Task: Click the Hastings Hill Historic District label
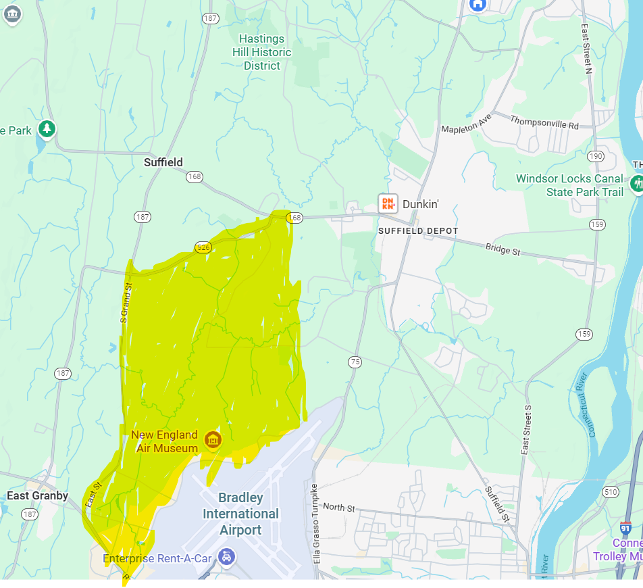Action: click(x=262, y=52)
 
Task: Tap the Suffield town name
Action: click(x=163, y=162)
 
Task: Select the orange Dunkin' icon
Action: click(x=388, y=203)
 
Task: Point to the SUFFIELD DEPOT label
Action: click(x=418, y=231)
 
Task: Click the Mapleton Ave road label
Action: click(x=467, y=123)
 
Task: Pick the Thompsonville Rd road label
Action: click(x=545, y=122)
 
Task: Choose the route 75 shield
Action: click(x=355, y=362)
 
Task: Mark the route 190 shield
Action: click(x=596, y=156)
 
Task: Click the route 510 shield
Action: click(x=611, y=492)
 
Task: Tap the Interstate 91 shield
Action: click(x=625, y=529)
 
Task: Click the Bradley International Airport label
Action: click(x=240, y=514)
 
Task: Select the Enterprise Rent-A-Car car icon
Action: click(x=228, y=558)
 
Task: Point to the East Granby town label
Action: click(x=38, y=495)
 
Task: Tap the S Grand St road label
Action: click(x=124, y=303)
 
